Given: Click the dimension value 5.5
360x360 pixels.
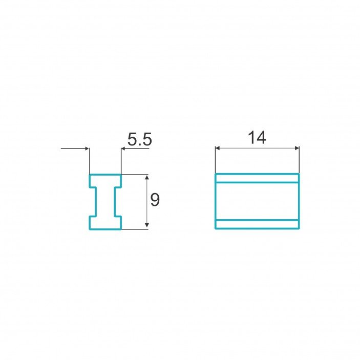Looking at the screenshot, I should point(139,139).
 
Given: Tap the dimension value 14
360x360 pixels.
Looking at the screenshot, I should point(257,138).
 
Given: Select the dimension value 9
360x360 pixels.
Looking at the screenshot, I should point(155,200).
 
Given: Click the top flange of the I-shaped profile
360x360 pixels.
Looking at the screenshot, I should point(105,181).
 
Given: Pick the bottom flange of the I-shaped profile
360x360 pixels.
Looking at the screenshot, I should point(105,222).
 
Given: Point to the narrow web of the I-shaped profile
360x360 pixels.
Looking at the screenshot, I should point(105,202).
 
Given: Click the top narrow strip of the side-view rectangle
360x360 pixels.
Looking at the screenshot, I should point(257,178).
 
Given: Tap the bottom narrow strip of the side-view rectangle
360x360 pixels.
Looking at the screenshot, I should point(257,224).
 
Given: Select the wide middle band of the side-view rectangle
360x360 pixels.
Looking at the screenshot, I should point(257,201).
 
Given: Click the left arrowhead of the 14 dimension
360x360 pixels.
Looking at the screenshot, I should point(217,149).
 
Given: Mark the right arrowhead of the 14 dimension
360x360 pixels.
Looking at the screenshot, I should point(297,149).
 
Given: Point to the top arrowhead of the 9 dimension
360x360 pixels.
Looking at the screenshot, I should point(147,177).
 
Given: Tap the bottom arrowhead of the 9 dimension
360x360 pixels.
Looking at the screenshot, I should point(147,226).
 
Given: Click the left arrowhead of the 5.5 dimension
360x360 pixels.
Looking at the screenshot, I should point(87,149).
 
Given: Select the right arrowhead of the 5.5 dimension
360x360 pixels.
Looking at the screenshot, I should point(123,149).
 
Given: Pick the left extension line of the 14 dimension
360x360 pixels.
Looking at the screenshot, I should point(215,160).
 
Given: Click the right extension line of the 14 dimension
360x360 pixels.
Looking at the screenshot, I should point(299,160).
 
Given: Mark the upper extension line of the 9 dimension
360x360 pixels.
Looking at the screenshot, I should point(136,175).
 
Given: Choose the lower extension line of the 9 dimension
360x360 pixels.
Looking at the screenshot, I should point(136,229).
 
